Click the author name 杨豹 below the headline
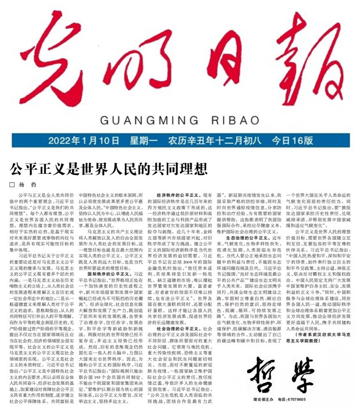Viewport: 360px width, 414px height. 30,184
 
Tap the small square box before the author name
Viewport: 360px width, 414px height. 12,184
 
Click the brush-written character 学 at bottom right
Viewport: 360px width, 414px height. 303,375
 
